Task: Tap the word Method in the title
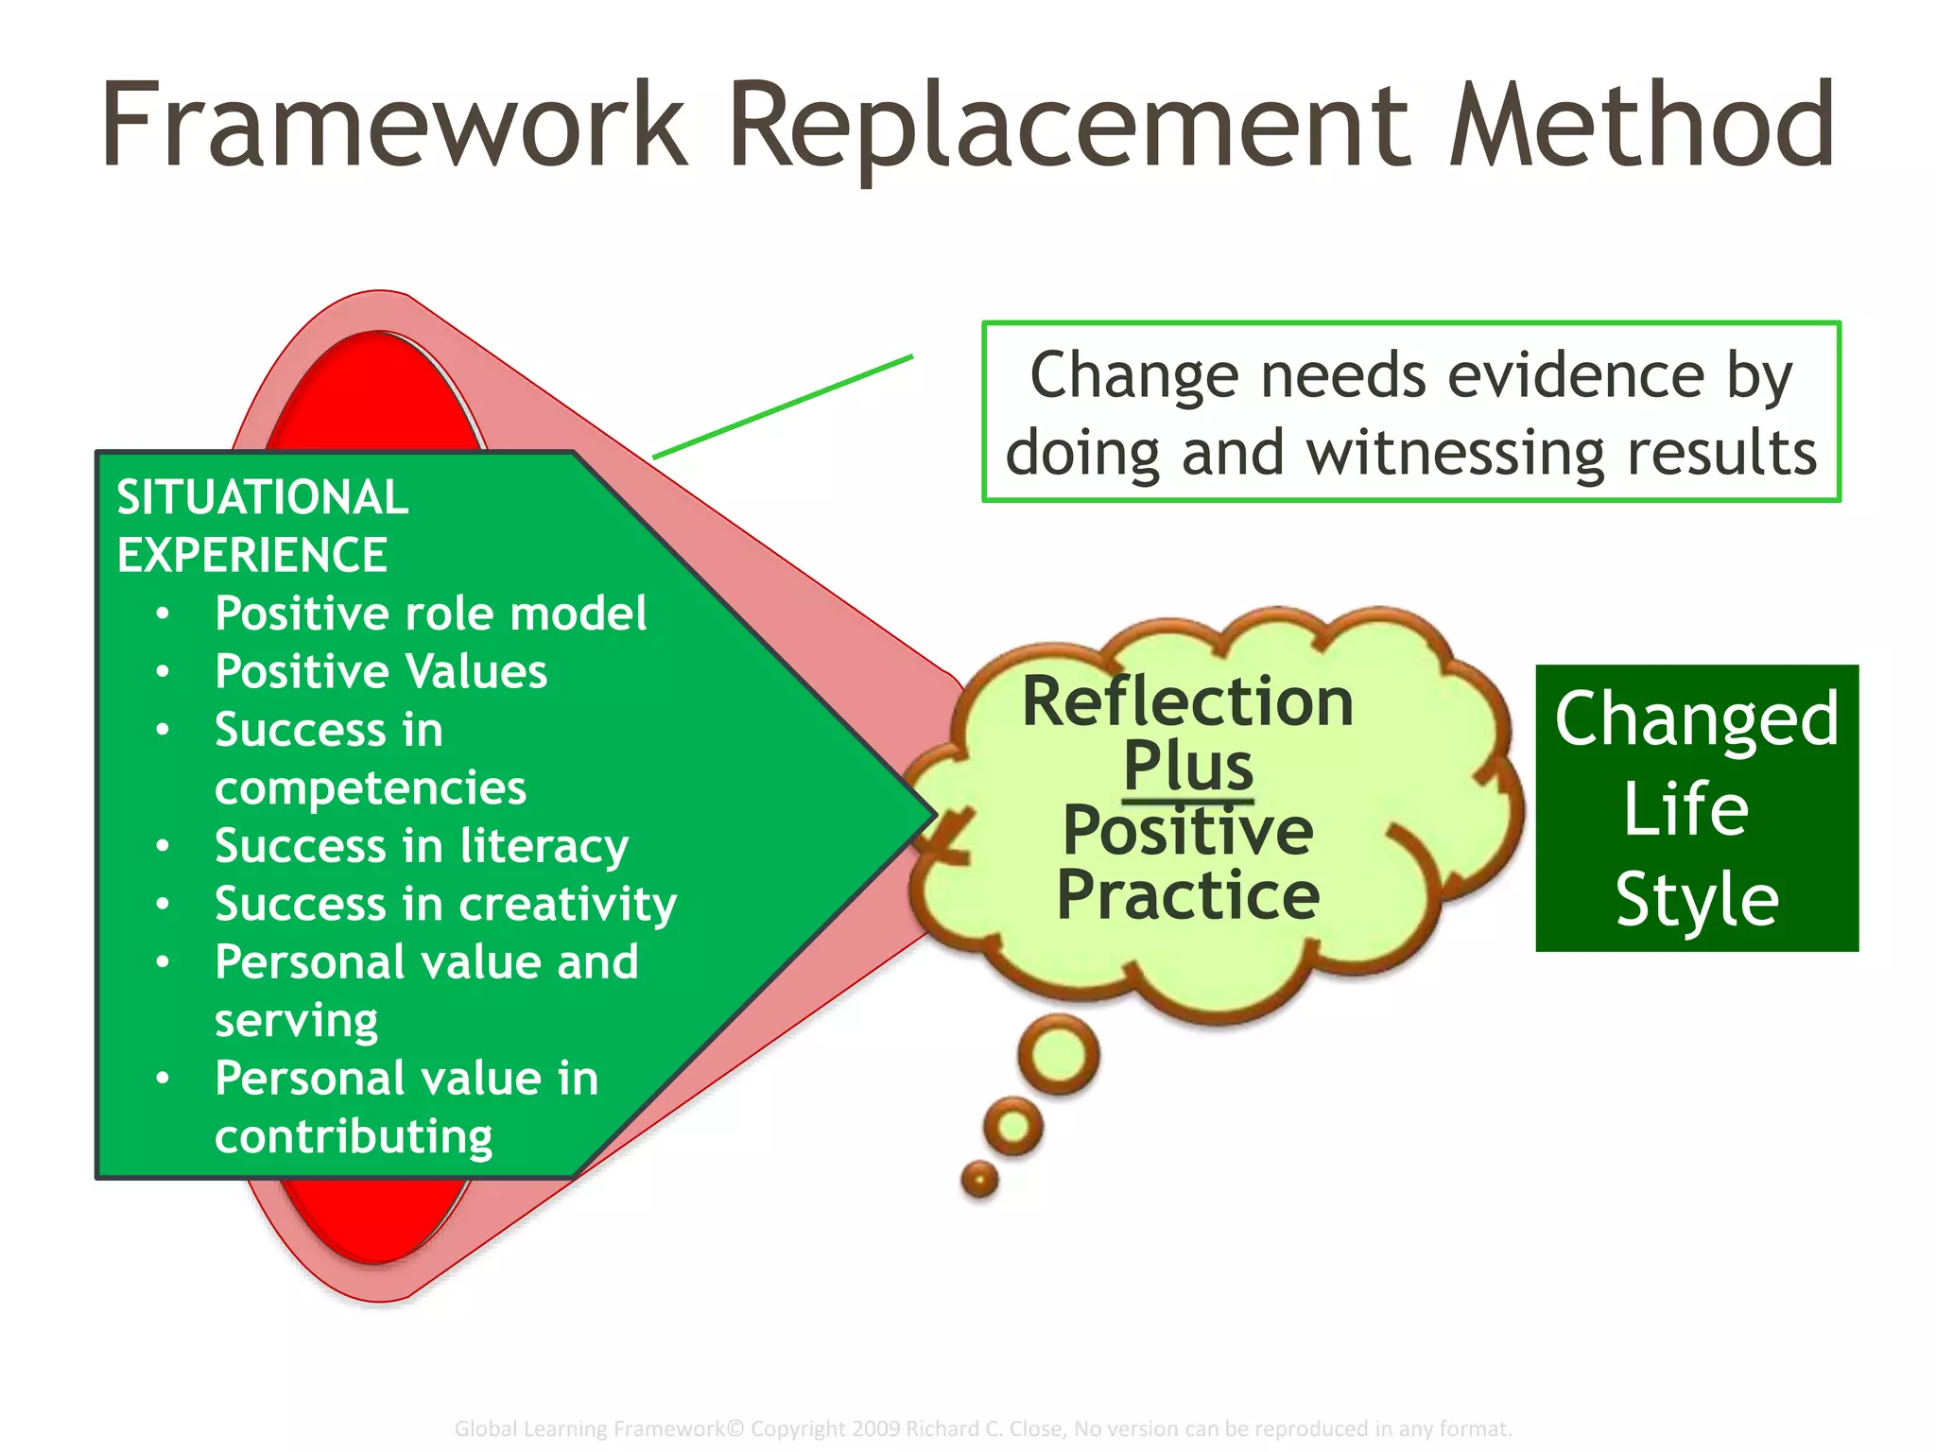[1641, 126]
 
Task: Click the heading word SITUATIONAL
[262, 497]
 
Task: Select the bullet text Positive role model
[430, 614]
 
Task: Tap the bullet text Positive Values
[380, 672]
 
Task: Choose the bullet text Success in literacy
[421, 846]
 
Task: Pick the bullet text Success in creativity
[445, 905]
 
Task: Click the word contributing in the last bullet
[354, 1137]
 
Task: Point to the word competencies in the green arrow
[370, 788]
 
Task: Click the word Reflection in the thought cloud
[1187, 702]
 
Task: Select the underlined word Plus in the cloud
[1188, 766]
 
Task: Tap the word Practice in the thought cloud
[1187, 894]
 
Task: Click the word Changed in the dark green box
[1697, 718]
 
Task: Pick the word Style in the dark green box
[1697, 899]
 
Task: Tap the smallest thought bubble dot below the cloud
[979, 1179]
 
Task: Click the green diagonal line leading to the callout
[783, 407]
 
